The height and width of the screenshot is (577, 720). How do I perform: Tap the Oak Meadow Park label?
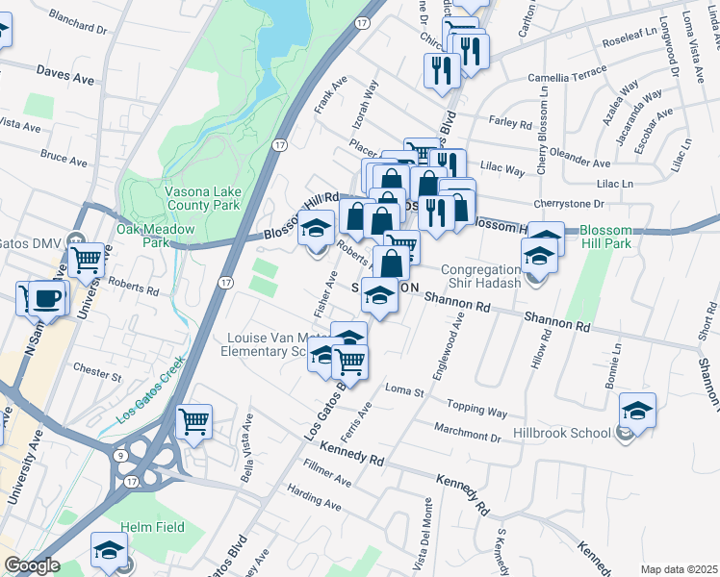pyautogui.click(x=156, y=237)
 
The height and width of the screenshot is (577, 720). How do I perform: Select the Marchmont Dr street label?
pyautogui.click(x=468, y=435)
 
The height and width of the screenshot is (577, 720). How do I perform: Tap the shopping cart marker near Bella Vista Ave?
pyautogui.click(x=195, y=420)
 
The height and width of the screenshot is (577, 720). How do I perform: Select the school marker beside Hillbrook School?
pyautogui.click(x=637, y=411)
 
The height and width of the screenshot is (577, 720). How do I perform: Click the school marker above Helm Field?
pyautogui.click(x=110, y=550)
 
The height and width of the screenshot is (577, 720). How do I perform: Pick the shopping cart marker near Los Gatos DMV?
pyautogui.click(x=87, y=259)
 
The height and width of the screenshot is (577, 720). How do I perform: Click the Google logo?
pyautogui.click(x=32, y=565)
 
